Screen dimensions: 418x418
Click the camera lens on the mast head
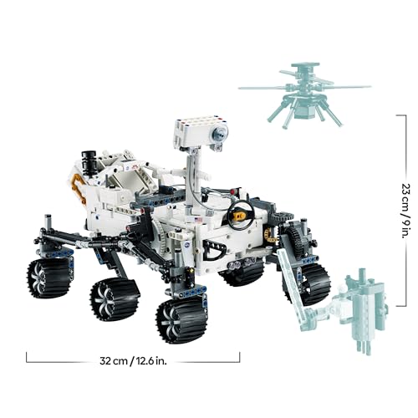click(219, 133)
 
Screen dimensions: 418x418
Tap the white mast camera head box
click(199, 132)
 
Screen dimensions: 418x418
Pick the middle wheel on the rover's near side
click(115, 298)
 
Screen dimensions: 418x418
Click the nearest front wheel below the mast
click(181, 318)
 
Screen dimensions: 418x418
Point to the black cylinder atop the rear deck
click(88, 160)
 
